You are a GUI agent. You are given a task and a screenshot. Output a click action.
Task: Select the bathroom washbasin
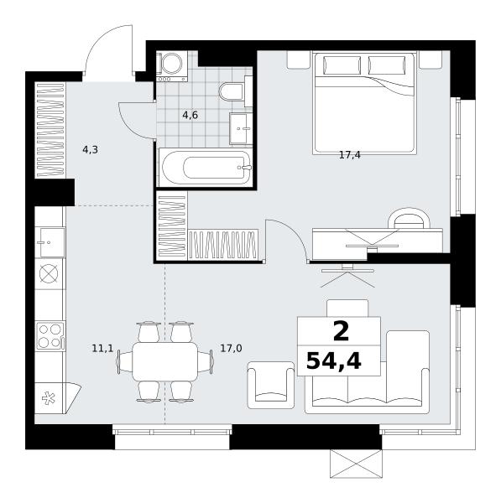click(x=241, y=128)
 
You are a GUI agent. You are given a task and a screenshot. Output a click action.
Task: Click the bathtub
click(x=206, y=167)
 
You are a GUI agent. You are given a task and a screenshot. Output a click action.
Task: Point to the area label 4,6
click(x=190, y=115)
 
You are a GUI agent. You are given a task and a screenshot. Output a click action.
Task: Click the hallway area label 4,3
click(x=90, y=149)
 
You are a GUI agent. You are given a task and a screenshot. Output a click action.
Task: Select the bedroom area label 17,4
click(x=350, y=155)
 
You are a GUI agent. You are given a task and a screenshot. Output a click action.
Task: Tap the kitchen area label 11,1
click(x=102, y=348)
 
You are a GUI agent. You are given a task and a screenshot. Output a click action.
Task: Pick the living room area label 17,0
click(x=231, y=348)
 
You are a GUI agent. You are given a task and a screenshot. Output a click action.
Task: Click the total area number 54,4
click(x=334, y=360)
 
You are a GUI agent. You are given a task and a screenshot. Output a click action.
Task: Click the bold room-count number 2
click(x=341, y=332)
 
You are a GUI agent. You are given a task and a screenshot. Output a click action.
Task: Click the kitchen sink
click(x=50, y=242)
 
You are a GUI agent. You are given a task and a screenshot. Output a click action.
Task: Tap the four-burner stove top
click(x=50, y=336)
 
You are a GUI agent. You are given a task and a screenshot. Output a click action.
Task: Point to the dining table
click(x=165, y=361)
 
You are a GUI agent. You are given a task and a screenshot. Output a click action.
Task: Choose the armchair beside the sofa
click(x=271, y=385)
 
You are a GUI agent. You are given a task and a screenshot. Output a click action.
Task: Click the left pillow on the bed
click(x=342, y=65)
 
